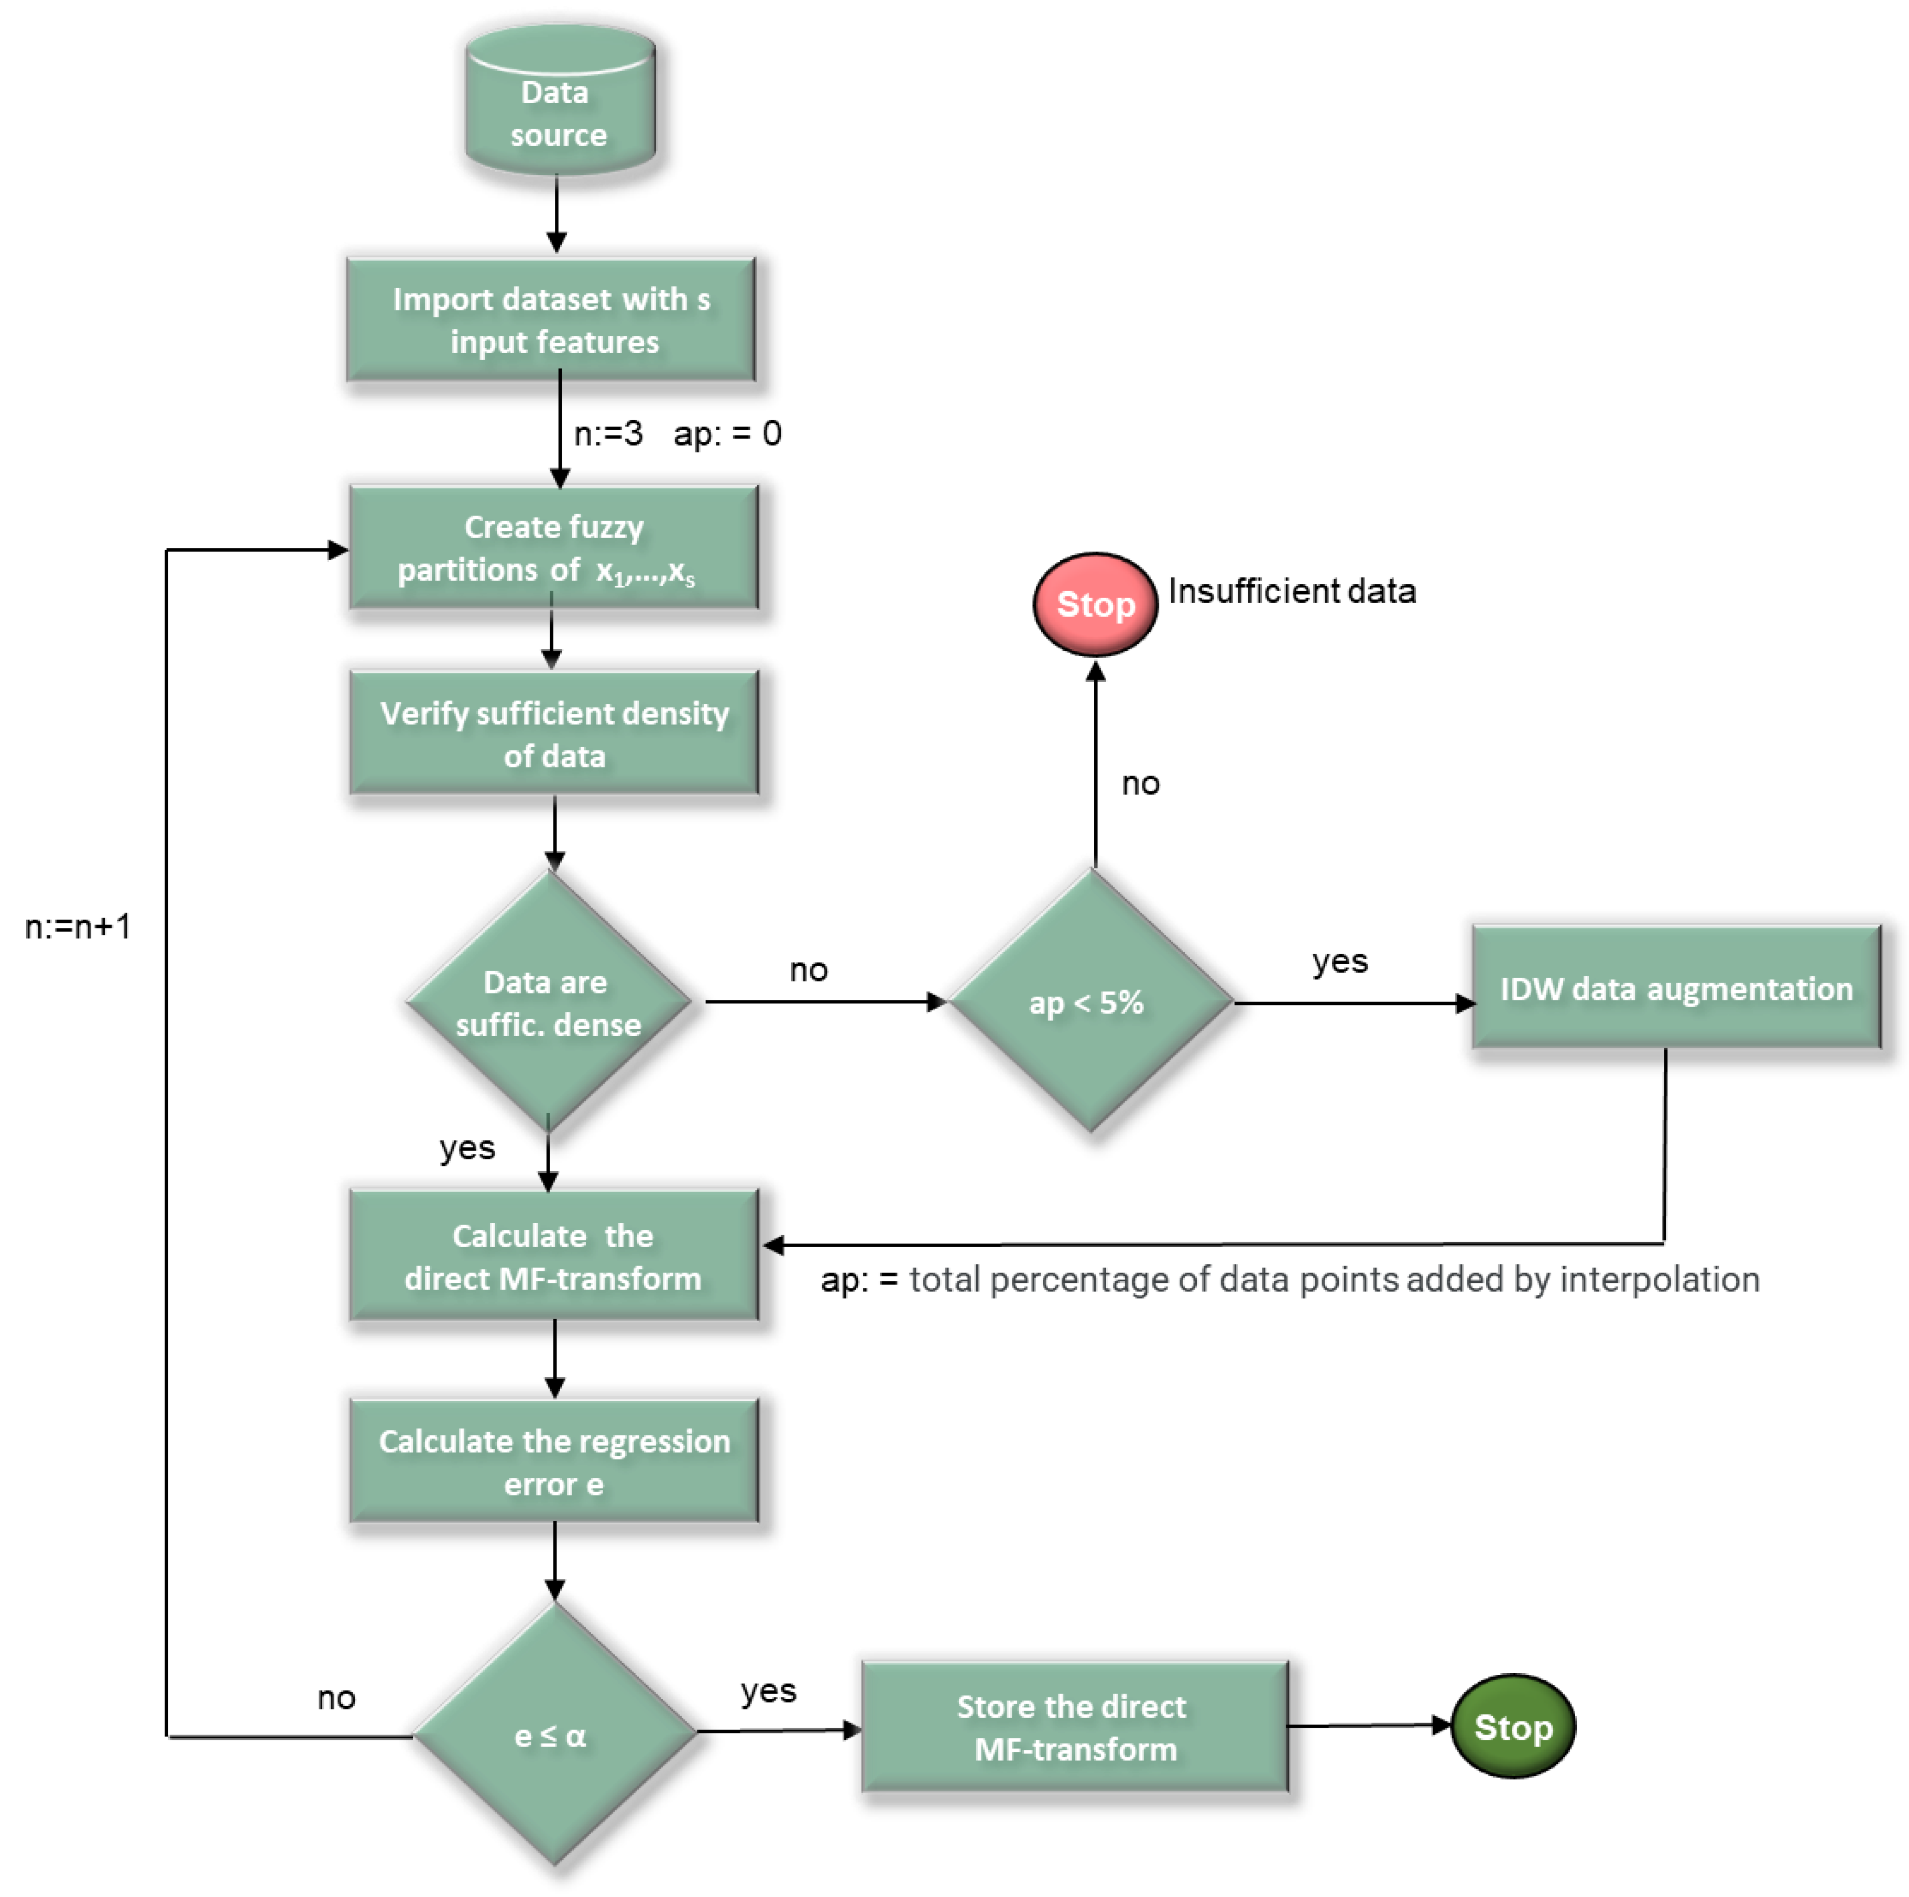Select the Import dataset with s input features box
(551, 320)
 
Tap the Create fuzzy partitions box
(553, 548)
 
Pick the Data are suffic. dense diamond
(549, 1002)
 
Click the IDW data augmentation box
(1676, 988)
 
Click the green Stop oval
(1513, 1727)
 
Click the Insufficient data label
(1291, 591)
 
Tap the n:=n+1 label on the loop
(77, 927)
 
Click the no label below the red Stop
(1140, 783)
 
